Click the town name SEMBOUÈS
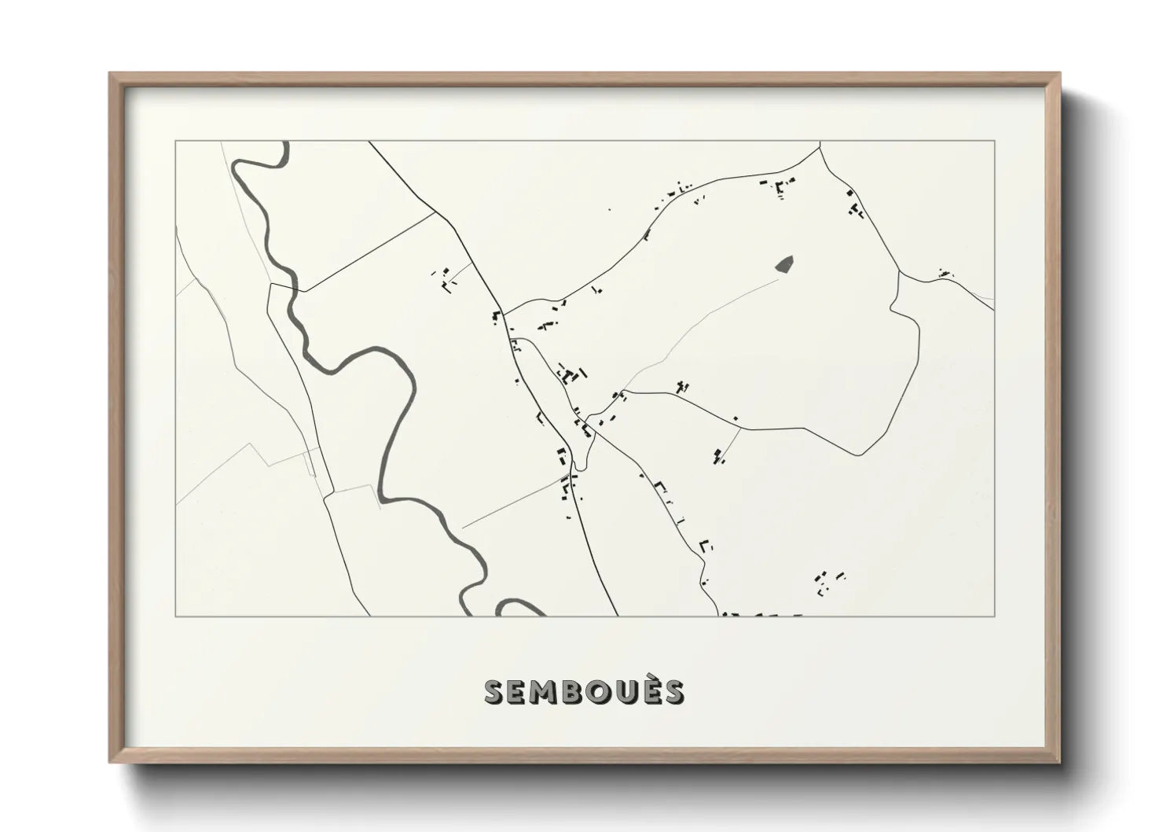pos(584,691)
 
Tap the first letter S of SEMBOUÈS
pos(495,692)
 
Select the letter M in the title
pos(545,692)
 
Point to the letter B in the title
pos(573,692)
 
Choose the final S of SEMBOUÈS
pos(673,692)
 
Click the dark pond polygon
pos(784,264)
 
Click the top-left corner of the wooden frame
pos(109,73)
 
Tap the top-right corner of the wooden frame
pos(1061,73)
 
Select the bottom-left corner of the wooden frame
pos(109,763)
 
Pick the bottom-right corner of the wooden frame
pos(1061,763)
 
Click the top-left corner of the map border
pos(175,142)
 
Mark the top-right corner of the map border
pos(995,142)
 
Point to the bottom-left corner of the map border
pos(175,616)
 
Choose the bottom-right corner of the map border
pos(995,616)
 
